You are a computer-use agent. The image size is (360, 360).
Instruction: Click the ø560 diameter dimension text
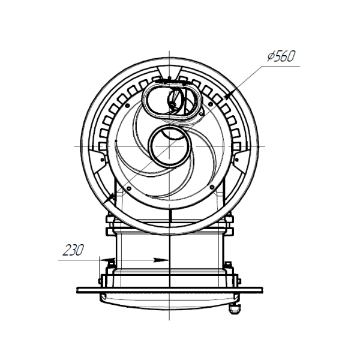(281, 56)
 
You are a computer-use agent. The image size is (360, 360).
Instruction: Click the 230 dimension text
(73, 250)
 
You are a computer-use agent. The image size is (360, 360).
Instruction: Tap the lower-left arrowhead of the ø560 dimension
(110, 197)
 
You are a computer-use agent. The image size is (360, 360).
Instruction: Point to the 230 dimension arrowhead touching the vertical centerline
(162, 260)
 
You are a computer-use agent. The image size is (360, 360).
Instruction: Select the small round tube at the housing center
(169, 146)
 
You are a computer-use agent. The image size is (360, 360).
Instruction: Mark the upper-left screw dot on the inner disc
(127, 106)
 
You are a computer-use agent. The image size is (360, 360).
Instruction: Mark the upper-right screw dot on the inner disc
(209, 104)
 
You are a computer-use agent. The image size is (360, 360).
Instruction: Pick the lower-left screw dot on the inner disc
(128, 188)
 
